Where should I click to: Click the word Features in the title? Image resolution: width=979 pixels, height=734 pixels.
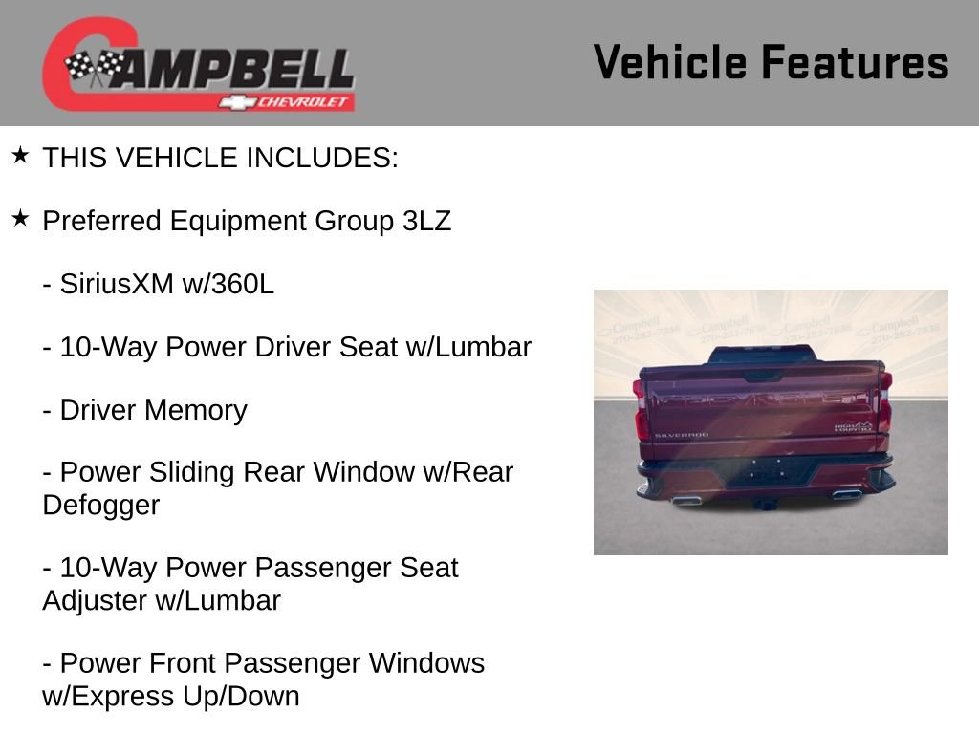[855, 62]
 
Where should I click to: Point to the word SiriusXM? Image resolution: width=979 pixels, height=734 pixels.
[117, 284]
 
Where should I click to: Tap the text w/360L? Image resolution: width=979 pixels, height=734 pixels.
[228, 284]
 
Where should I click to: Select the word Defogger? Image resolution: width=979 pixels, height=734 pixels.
[101, 505]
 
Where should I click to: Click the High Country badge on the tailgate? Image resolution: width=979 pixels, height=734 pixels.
[853, 427]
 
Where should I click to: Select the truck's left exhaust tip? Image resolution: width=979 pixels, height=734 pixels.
[685, 499]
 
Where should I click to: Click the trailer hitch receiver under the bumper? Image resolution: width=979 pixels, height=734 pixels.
[762, 503]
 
